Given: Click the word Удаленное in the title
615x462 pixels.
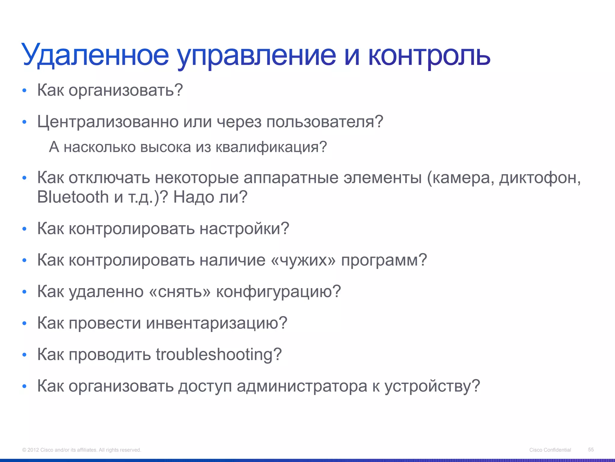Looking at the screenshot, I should tap(95, 55).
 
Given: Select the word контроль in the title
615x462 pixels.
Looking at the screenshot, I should tap(429, 55).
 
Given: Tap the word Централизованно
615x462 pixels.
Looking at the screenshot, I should tap(108, 122).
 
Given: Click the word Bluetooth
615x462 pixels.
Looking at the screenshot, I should tap(73, 197).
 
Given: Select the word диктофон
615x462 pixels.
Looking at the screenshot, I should tap(540, 178).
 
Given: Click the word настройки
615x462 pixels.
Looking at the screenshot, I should tap(244, 229).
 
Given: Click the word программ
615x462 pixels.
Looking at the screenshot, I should tap(384, 260).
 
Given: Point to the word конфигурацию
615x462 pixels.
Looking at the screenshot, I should tap(278, 291).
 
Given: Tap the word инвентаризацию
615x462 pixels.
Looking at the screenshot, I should tap(217, 323).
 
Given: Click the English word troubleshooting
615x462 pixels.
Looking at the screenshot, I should tap(219, 354).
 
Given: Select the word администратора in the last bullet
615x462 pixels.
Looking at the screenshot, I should tap(302, 386).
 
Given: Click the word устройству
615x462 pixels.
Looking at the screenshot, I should tap(432, 386).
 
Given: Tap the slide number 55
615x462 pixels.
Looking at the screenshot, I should tap(591, 449).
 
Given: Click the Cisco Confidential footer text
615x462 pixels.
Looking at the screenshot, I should tap(550, 450).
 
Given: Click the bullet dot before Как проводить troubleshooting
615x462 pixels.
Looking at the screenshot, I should tap(25, 355).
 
